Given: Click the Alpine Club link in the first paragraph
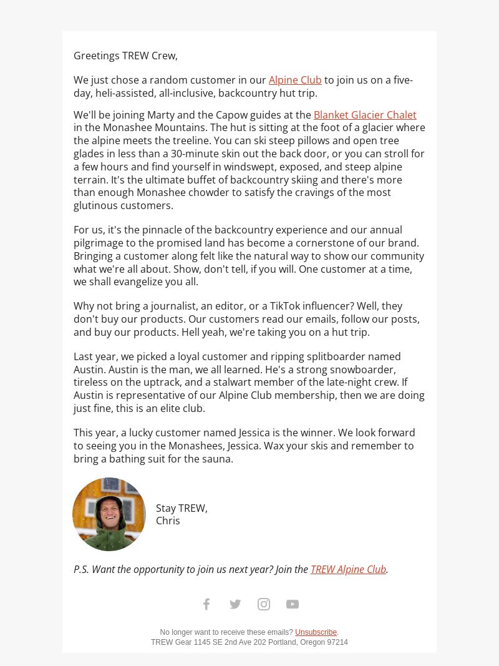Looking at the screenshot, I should pos(295,80).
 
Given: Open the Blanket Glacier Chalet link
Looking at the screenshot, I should pos(365,115).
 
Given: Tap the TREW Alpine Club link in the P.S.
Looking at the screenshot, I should pos(348,569).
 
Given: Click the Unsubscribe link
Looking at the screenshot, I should pos(316,632).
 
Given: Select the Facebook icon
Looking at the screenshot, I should pos(206,604).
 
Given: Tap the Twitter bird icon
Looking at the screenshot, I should pos(235,604).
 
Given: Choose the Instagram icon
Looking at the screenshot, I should pos(264,604).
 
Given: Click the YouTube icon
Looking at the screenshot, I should pos(293,604).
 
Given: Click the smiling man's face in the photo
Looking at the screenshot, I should pos(109,514).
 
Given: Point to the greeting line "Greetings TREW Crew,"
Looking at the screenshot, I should pos(125,56).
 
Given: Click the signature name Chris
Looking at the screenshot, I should pos(168,521).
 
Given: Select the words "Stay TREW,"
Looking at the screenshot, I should pos(182,508).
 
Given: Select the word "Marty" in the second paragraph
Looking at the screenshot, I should pos(161,115).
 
